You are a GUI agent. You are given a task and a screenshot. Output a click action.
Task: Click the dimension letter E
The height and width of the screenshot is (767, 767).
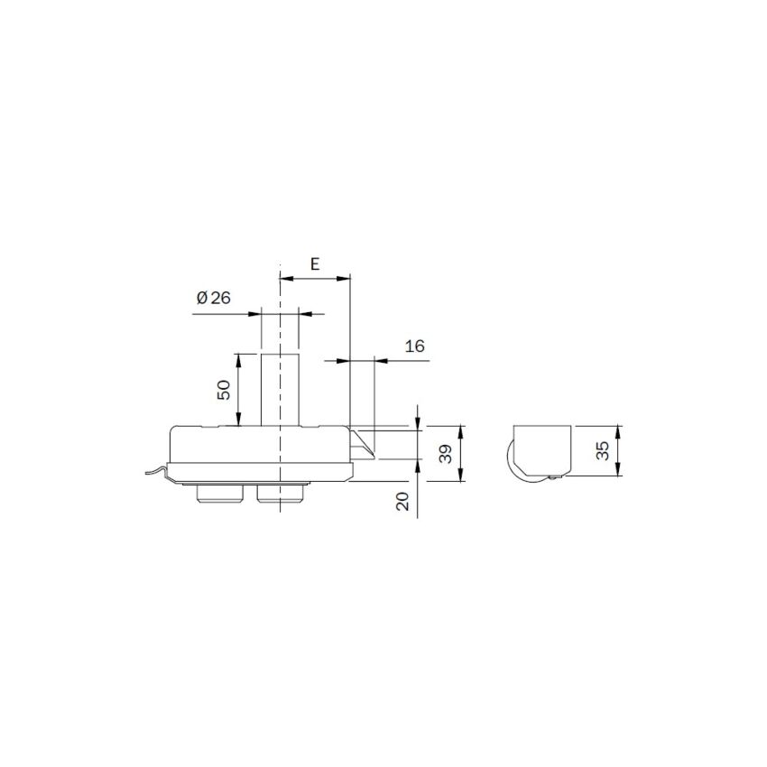pyautogui.click(x=315, y=264)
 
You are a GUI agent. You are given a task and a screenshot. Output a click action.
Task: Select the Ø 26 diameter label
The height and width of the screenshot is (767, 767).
pyautogui.click(x=213, y=298)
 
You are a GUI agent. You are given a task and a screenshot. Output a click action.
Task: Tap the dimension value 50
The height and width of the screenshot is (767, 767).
pyautogui.click(x=224, y=390)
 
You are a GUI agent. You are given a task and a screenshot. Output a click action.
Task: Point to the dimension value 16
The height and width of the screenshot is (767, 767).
pyautogui.click(x=415, y=346)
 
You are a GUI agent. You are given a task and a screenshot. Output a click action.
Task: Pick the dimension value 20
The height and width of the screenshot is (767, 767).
pyautogui.click(x=402, y=502)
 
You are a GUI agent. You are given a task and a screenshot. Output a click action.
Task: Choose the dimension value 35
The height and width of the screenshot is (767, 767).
pyautogui.click(x=604, y=450)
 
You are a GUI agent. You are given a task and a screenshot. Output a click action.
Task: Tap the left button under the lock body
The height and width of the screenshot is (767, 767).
pyautogui.click(x=219, y=494)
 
